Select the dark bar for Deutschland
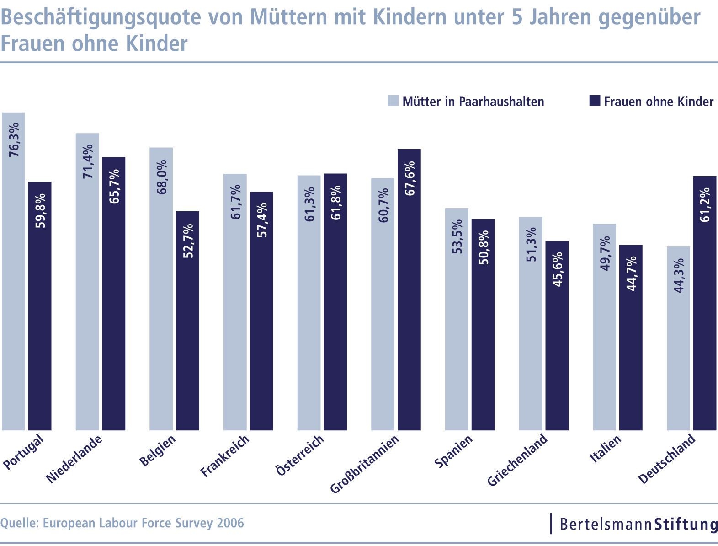point(705,303)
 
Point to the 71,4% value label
point(87,161)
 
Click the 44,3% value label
point(679,275)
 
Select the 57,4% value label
point(262,220)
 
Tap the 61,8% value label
point(336,202)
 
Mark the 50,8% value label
point(484,247)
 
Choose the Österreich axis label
point(300,455)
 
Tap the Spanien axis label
point(454,451)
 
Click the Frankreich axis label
point(225,456)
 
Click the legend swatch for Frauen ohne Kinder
point(595,101)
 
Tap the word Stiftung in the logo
point(686,524)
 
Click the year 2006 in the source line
point(230,523)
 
